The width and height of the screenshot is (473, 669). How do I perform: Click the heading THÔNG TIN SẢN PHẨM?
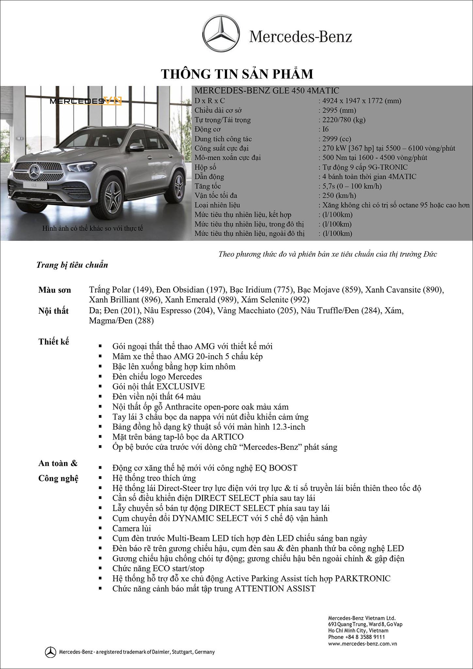237,74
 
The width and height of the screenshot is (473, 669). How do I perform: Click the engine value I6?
325,129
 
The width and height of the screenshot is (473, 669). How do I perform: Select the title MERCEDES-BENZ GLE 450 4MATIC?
267,91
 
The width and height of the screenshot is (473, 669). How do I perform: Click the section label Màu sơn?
55,290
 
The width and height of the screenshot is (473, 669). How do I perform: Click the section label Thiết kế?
54,342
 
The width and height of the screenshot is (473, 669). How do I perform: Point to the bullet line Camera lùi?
132,528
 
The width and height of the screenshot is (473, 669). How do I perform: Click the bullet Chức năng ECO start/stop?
158,568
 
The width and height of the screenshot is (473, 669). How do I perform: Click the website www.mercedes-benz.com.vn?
362,644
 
